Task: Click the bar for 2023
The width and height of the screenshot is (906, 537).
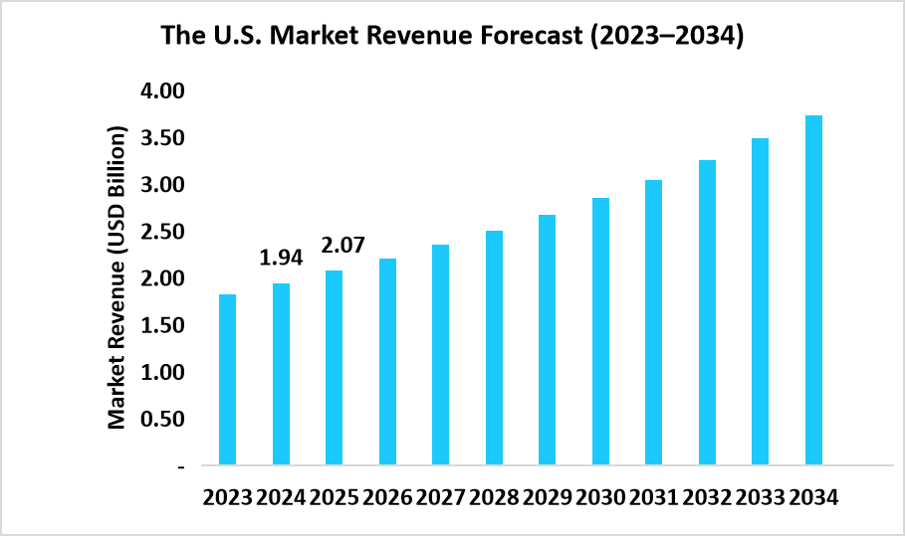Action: click(228, 380)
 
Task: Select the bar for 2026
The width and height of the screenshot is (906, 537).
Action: click(388, 362)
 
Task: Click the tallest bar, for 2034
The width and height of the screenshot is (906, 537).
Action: click(813, 290)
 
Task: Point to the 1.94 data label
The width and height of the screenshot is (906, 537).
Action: click(281, 259)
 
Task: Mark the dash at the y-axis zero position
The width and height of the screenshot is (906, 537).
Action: click(181, 465)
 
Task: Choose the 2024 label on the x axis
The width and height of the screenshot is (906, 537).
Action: click(281, 497)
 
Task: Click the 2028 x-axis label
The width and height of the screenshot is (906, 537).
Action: click(495, 497)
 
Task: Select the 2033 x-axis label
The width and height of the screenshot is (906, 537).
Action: click(761, 497)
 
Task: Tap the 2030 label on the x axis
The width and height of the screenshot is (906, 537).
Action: click(601, 497)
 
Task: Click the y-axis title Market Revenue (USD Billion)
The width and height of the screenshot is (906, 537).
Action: click(117, 278)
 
